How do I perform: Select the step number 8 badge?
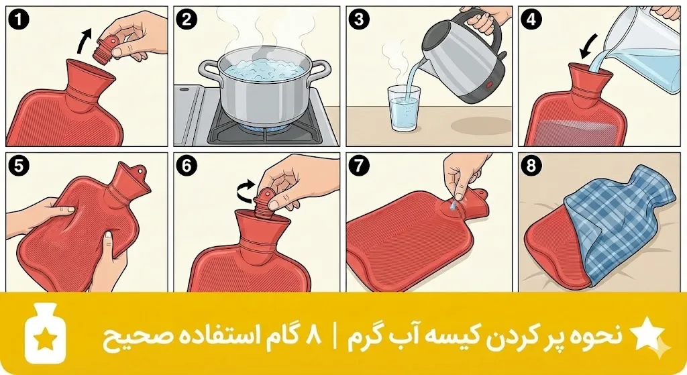[x=531, y=166]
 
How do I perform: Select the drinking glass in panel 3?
[x=404, y=108]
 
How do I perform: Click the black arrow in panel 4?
[x=586, y=48]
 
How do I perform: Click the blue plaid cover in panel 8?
[x=618, y=228]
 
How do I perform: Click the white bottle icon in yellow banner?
[x=45, y=335]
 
